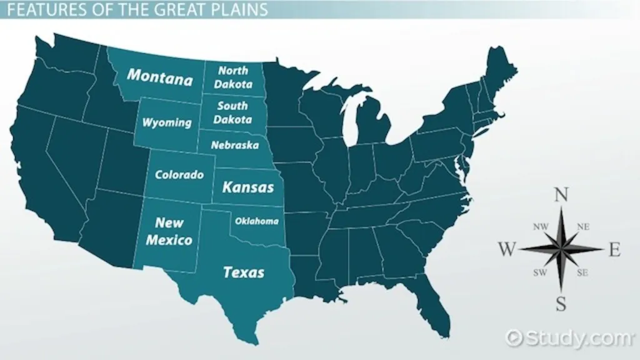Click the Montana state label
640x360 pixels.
tap(160, 78)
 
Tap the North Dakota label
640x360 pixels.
tap(232, 77)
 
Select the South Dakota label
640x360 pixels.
tap(232, 112)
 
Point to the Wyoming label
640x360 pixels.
tap(166, 122)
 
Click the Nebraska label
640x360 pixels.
tap(234, 145)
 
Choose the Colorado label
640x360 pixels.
tap(179, 175)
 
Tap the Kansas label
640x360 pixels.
tap(248, 187)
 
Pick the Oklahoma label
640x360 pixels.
tap(256, 221)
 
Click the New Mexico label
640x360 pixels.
tap(169, 231)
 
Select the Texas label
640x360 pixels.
tap(243, 272)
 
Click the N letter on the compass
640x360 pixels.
tap(561, 196)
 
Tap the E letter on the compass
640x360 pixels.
tap(614, 251)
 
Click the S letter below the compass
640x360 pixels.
tap(561, 304)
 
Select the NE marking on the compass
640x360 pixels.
tap(583, 227)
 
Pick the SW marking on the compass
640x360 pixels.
tap(539, 272)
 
